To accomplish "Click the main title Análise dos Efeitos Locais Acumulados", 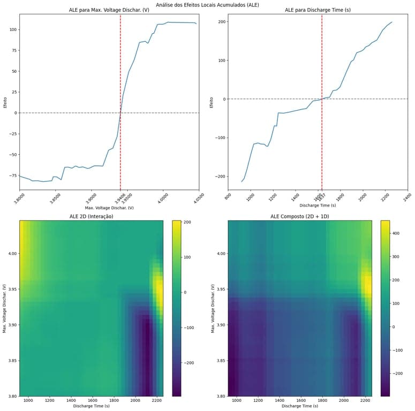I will [207, 4].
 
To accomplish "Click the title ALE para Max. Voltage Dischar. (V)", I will [109, 10].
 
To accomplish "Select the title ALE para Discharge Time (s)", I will [319, 10].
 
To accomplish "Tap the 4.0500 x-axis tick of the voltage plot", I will [197, 197].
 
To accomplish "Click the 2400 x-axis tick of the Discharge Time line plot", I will [406, 197].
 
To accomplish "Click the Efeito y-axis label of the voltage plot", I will [5, 102].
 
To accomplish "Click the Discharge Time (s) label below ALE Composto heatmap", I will [300, 407].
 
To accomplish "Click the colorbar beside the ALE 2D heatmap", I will [176, 308].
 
